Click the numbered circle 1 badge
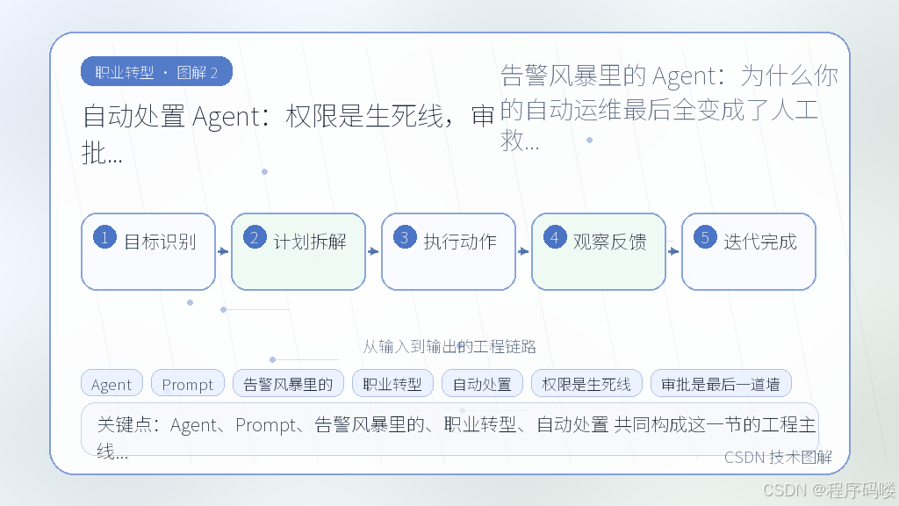tap(105, 237)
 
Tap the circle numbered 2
tap(255, 237)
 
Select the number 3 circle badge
tap(405, 237)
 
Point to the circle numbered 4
tap(555, 237)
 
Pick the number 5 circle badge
tap(705, 237)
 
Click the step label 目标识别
tap(160, 242)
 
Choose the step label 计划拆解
tap(310, 242)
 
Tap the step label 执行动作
tap(460, 242)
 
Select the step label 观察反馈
tap(610, 242)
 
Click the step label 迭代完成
tap(760, 242)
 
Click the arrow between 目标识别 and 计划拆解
tap(223, 251)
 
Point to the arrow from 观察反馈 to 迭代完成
tap(673, 251)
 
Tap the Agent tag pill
tap(111, 383)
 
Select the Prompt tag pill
tap(188, 383)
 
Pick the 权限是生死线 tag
tap(586, 383)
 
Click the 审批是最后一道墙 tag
tap(721, 383)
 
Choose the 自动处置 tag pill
tap(482, 383)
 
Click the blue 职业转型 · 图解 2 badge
tap(156, 72)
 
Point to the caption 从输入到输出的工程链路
tap(449, 346)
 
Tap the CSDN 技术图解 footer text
tap(778, 457)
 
